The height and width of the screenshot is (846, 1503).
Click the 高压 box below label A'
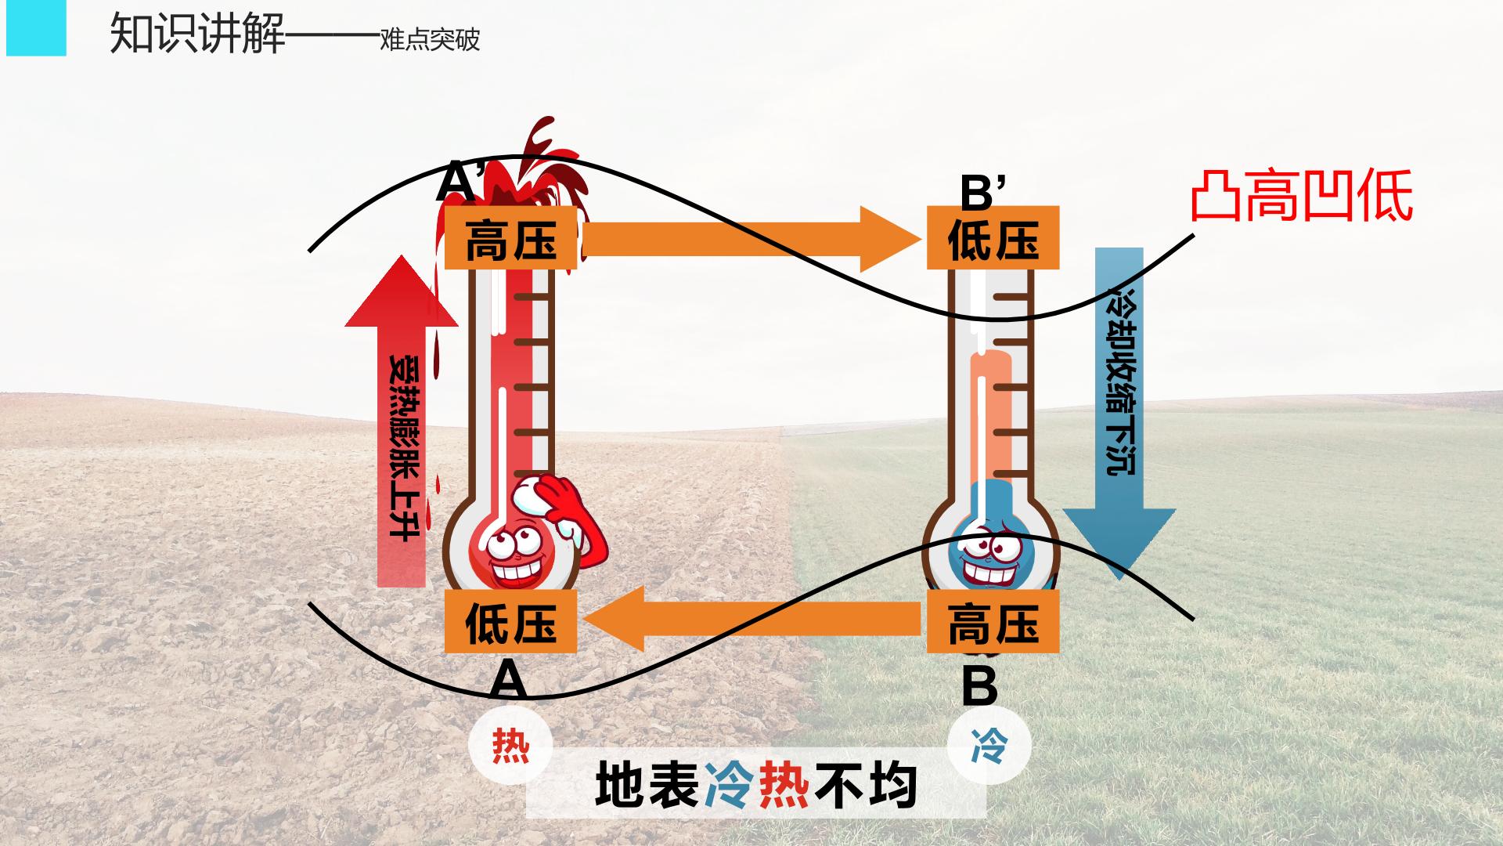coord(511,238)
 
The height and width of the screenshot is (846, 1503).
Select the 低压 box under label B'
coord(993,238)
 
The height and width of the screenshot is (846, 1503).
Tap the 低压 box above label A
coord(511,621)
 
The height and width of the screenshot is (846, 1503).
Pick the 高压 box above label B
coord(993,621)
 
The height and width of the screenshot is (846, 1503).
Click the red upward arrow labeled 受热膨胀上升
coord(402,421)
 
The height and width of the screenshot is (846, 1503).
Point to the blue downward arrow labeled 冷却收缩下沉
coord(1119,414)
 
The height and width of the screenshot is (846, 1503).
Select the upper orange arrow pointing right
coord(751,238)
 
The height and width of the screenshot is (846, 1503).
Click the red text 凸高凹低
coord(1301,196)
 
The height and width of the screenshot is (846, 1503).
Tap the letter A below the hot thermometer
coord(508,680)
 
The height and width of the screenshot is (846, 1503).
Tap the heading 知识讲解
coord(197,33)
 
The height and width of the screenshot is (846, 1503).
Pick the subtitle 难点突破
coord(430,39)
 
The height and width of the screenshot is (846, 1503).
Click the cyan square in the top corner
coord(36,28)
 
